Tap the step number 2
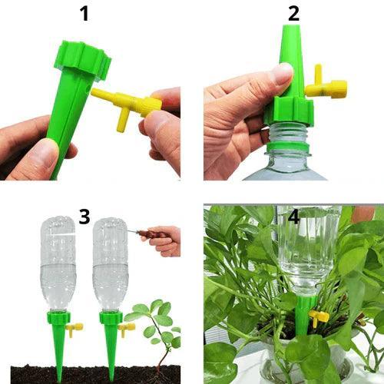294,13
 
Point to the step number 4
294,216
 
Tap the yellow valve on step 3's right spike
127,328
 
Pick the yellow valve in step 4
318,316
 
